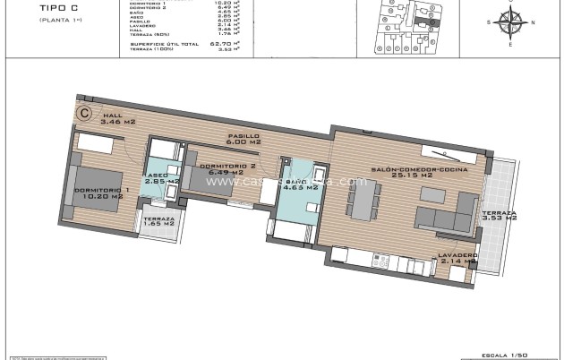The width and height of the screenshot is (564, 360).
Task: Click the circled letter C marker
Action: (x=85, y=113)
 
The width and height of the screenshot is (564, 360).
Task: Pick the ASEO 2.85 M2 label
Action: (x=162, y=178)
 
